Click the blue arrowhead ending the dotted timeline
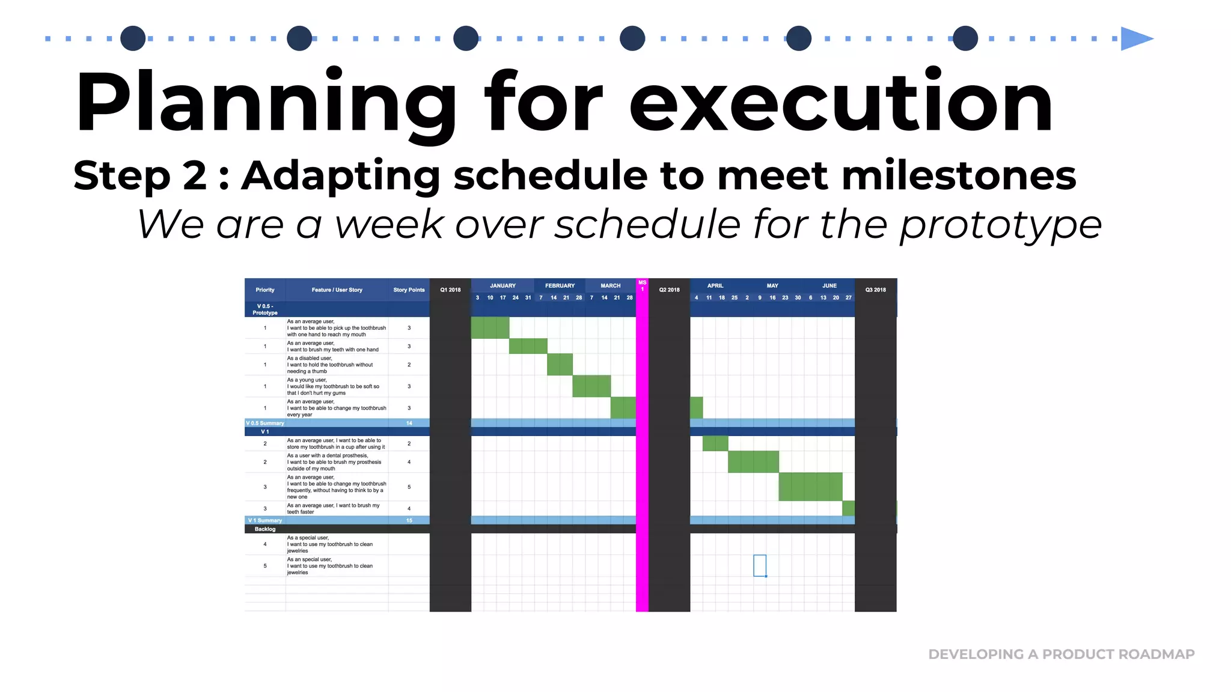point(1135,39)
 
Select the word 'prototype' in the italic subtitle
point(1000,225)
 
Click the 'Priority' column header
point(265,290)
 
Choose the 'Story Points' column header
point(409,290)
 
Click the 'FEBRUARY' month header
point(560,286)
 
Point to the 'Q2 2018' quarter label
point(669,290)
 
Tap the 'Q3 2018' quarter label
point(875,290)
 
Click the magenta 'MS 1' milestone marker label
point(642,285)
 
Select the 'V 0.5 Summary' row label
point(265,423)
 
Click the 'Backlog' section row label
point(265,529)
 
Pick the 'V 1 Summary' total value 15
point(409,521)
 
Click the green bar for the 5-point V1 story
point(810,487)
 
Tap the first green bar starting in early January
point(490,328)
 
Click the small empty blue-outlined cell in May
point(760,565)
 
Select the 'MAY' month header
point(772,286)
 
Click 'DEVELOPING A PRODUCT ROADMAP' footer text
point(1061,654)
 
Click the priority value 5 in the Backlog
point(265,566)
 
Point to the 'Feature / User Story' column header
point(337,290)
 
